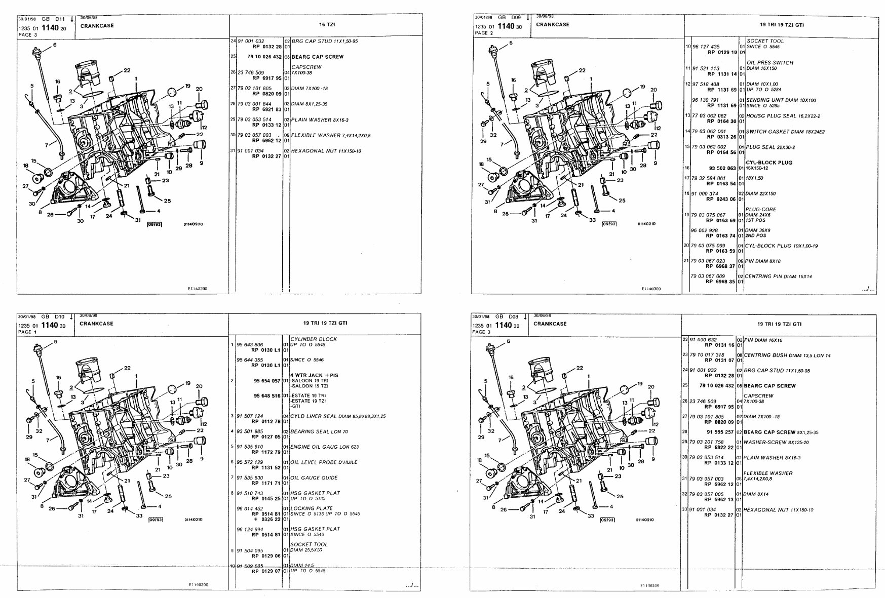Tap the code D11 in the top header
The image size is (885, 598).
pos(60,19)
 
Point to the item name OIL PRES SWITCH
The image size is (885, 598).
pos(769,63)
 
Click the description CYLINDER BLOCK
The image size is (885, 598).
pos(313,339)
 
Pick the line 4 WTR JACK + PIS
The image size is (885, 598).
pos(314,375)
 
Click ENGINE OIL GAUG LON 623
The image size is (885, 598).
pos(324,447)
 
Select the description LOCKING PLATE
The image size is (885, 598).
pos(311,508)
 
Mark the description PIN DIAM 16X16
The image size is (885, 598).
pos(763,340)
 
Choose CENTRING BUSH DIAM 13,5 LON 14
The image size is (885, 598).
pos(787,355)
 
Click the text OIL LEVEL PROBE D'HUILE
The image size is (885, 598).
pos(324,462)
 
